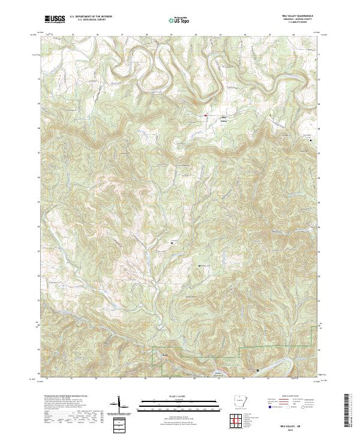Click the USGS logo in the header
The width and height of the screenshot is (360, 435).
55,19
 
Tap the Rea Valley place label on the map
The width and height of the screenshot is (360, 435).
225,118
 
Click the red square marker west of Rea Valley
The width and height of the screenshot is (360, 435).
205,115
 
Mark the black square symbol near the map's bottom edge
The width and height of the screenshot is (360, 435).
258,370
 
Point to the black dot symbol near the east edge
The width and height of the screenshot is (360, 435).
310,140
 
